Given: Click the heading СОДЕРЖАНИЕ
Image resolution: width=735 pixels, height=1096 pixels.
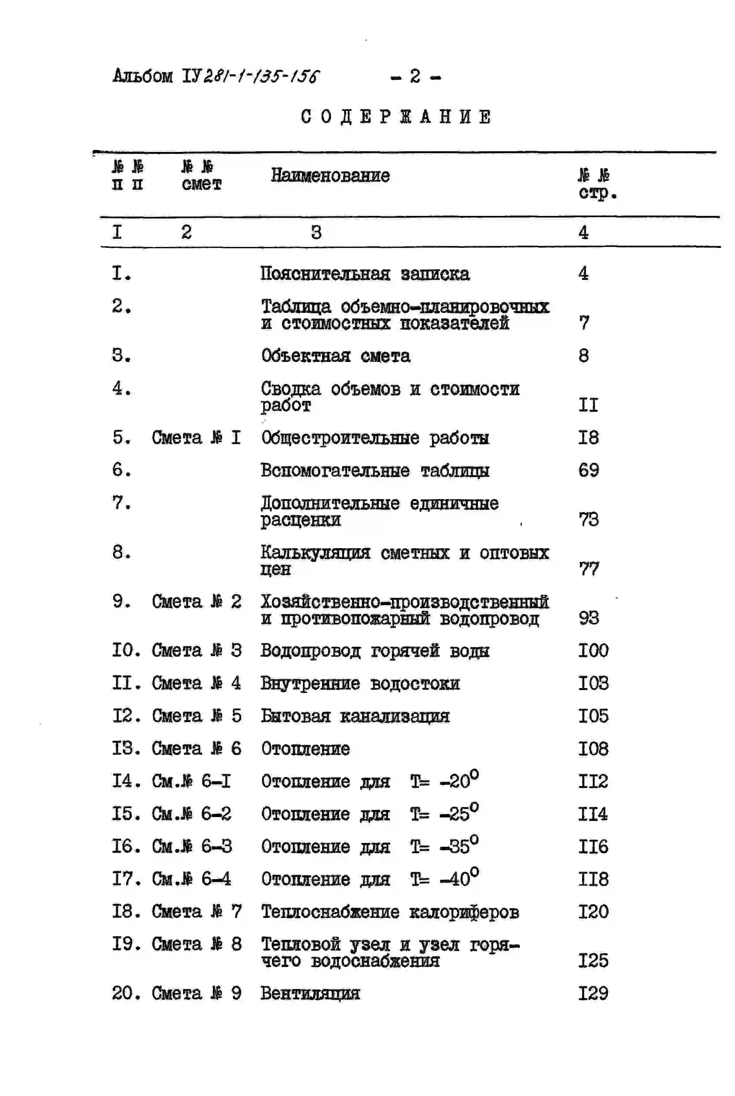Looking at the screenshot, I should (x=396, y=117).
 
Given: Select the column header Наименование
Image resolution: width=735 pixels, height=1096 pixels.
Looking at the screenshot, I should (x=330, y=176).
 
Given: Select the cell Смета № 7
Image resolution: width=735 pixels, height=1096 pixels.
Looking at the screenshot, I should (x=196, y=911).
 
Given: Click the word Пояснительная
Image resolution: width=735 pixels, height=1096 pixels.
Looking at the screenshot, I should (x=325, y=274).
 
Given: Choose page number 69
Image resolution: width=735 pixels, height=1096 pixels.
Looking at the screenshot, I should (x=588, y=470).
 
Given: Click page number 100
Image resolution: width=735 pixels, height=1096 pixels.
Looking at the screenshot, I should (x=593, y=650).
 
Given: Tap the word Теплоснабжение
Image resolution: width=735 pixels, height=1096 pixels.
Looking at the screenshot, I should (x=330, y=912).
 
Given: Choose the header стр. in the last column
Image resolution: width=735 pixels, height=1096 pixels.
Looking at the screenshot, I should (x=598, y=193).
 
